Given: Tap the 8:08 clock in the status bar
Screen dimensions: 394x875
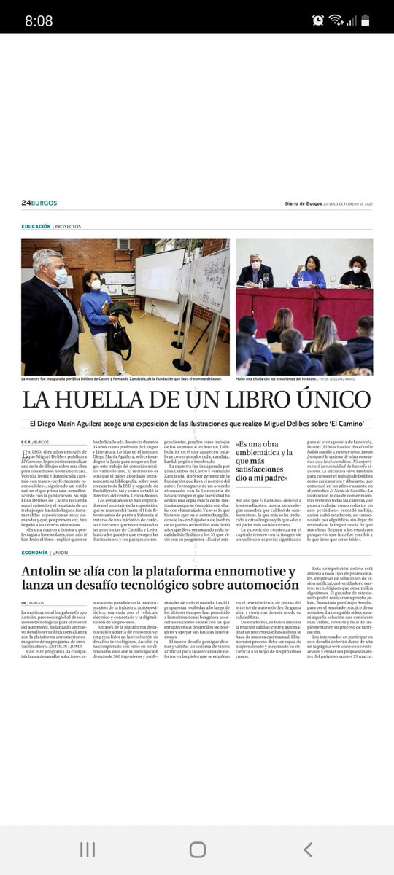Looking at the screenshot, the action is point(39,20).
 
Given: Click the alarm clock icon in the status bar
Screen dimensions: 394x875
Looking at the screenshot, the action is point(317,20).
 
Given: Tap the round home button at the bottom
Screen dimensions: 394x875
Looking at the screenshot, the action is point(197,849).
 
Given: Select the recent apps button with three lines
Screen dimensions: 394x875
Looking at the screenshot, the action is point(87,849).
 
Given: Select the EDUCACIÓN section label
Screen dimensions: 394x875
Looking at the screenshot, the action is point(36,227).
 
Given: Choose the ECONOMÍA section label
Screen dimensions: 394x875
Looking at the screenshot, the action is point(34,553).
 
